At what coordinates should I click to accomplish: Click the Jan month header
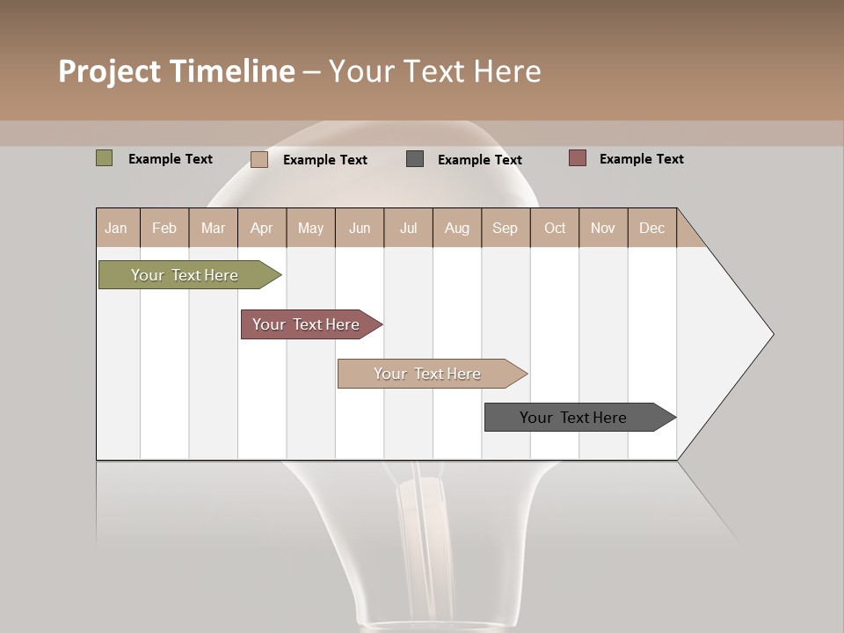coord(116,228)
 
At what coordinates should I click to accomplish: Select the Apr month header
coord(262,228)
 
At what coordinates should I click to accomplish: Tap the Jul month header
coord(408,228)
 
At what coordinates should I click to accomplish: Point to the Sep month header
coord(505,228)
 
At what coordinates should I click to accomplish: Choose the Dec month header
coord(651,228)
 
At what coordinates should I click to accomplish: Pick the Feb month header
coord(164,228)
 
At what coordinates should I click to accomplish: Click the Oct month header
coord(555,228)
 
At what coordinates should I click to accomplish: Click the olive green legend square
coord(105,158)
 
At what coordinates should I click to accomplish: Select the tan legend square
coord(259,159)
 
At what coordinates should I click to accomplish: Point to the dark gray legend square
coord(415,159)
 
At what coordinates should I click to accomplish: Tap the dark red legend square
coord(578,158)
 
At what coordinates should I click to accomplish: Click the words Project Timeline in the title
coord(177,71)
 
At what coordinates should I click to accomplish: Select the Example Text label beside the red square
coord(641,159)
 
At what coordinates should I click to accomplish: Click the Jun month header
coord(360,228)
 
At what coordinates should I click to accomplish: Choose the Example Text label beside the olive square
coord(171,159)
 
